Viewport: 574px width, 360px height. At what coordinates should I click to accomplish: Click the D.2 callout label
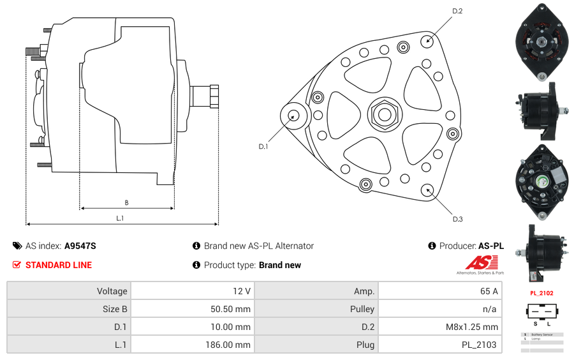(457, 11)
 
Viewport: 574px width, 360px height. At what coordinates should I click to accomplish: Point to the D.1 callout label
(263, 146)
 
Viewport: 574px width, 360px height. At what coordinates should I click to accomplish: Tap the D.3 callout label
(457, 219)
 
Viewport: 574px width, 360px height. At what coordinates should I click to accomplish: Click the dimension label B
(126, 203)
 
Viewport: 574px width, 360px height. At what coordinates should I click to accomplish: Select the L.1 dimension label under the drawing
(120, 218)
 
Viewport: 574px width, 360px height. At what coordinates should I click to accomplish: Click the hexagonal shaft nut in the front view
(384, 115)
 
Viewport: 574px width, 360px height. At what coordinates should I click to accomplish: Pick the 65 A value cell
(439, 291)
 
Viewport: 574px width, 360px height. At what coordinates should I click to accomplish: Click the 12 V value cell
(192, 291)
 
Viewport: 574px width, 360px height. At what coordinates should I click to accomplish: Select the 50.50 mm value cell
(192, 309)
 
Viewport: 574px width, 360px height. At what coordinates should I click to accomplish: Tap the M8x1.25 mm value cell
(439, 327)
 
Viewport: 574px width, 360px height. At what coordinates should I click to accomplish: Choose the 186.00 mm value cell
(192, 345)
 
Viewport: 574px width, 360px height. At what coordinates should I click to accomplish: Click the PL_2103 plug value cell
(439, 345)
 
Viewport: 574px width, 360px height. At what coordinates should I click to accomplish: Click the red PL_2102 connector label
(541, 293)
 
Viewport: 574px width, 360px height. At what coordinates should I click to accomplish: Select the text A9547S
(80, 246)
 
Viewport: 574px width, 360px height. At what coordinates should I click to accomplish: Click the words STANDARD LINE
(59, 265)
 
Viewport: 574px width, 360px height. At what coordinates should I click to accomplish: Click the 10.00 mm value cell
(192, 327)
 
